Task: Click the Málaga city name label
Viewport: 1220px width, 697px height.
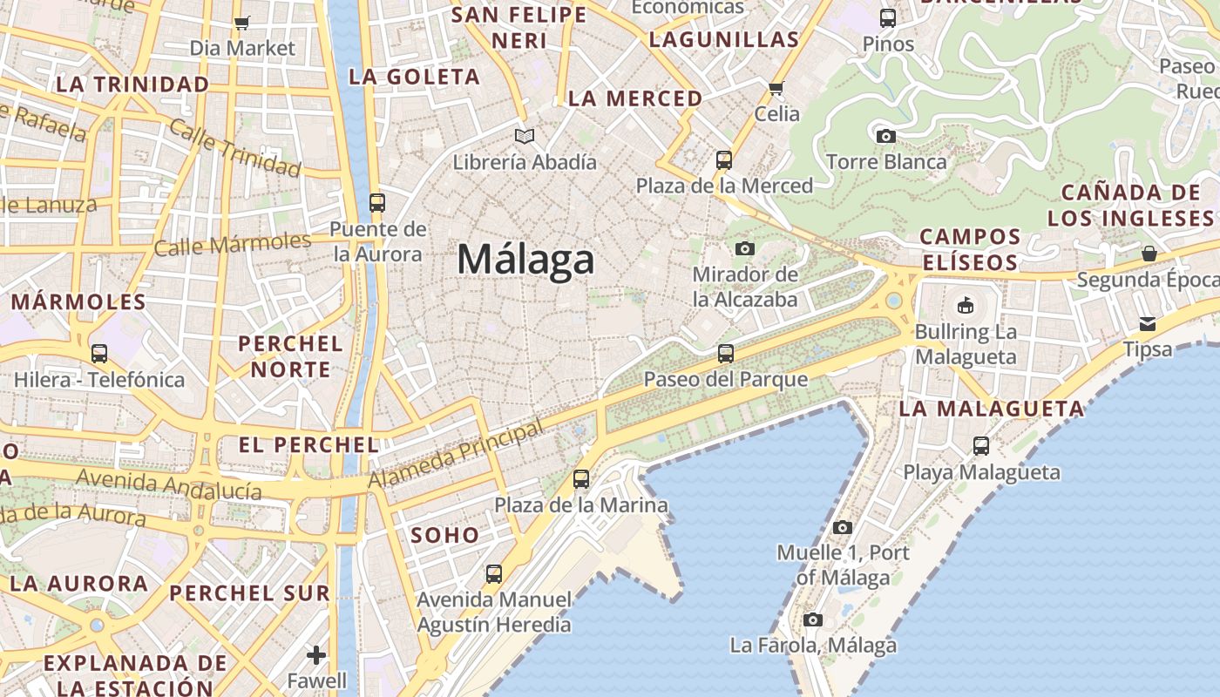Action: (x=525, y=260)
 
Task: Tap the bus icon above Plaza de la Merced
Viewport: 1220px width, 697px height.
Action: (x=724, y=160)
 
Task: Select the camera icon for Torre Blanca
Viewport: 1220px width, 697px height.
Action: (x=885, y=136)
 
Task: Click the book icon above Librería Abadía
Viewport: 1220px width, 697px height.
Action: (x=524, y=136)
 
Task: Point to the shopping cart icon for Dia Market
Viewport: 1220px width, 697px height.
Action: (x=242, y=23)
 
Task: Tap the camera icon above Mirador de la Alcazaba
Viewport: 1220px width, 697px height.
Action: (x=744, y=249)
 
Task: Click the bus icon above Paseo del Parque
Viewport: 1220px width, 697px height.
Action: (x=725, y=354)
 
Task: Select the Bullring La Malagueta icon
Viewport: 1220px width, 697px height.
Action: (x=966, y=306)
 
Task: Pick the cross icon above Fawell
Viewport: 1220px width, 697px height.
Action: (x=316, y=654)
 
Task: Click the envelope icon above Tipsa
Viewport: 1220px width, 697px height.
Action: (x=1148, y=324)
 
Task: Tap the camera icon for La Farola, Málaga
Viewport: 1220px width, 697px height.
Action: (x=813, y=620)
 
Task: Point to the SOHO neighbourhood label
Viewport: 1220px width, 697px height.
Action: (x=444, y=535)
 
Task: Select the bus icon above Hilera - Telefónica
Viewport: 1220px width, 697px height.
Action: (x=99, y=354)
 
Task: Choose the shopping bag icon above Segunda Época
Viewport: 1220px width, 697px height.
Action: (x=1149, y=254)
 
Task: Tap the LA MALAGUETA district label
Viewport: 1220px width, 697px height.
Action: (x=991, y=408)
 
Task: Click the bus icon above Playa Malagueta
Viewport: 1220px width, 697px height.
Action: (x=981, y=446)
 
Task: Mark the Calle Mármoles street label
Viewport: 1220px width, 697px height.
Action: (x=232, y=243)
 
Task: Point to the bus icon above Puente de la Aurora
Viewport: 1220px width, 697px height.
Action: (x=377, y=203)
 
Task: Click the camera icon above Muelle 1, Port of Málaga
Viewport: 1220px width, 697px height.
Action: (x=842, y=528)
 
